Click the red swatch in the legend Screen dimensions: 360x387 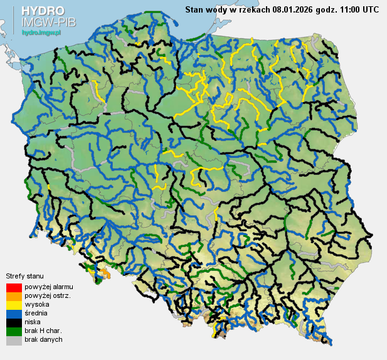pyautogui.click(x=13, y=287)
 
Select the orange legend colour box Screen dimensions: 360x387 pyautogui.click(x=13, y=296)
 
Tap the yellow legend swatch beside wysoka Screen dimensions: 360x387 pyautogui.click(x=13, y=305)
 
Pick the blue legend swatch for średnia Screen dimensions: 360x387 pyautogui.click(x=13, y=314)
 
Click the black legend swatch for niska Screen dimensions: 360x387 pyautogui.click(x=13, y=322)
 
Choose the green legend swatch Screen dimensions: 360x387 pyautogui.click(x=13, y=331)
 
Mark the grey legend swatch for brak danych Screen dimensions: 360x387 pyautogui.click(x=13, y=340)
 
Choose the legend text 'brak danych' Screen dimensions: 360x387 pyautogui.click(x=44, y=339)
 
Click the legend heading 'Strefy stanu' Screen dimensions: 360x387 pyautogui.click(x=24, y=276)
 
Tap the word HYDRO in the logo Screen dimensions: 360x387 pyautogui.click(x=42, y=11)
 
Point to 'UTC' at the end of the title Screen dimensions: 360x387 pyautogui.click(x=370, y=9)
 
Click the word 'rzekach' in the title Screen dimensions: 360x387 pyautogui.click(x=253, y=9)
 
